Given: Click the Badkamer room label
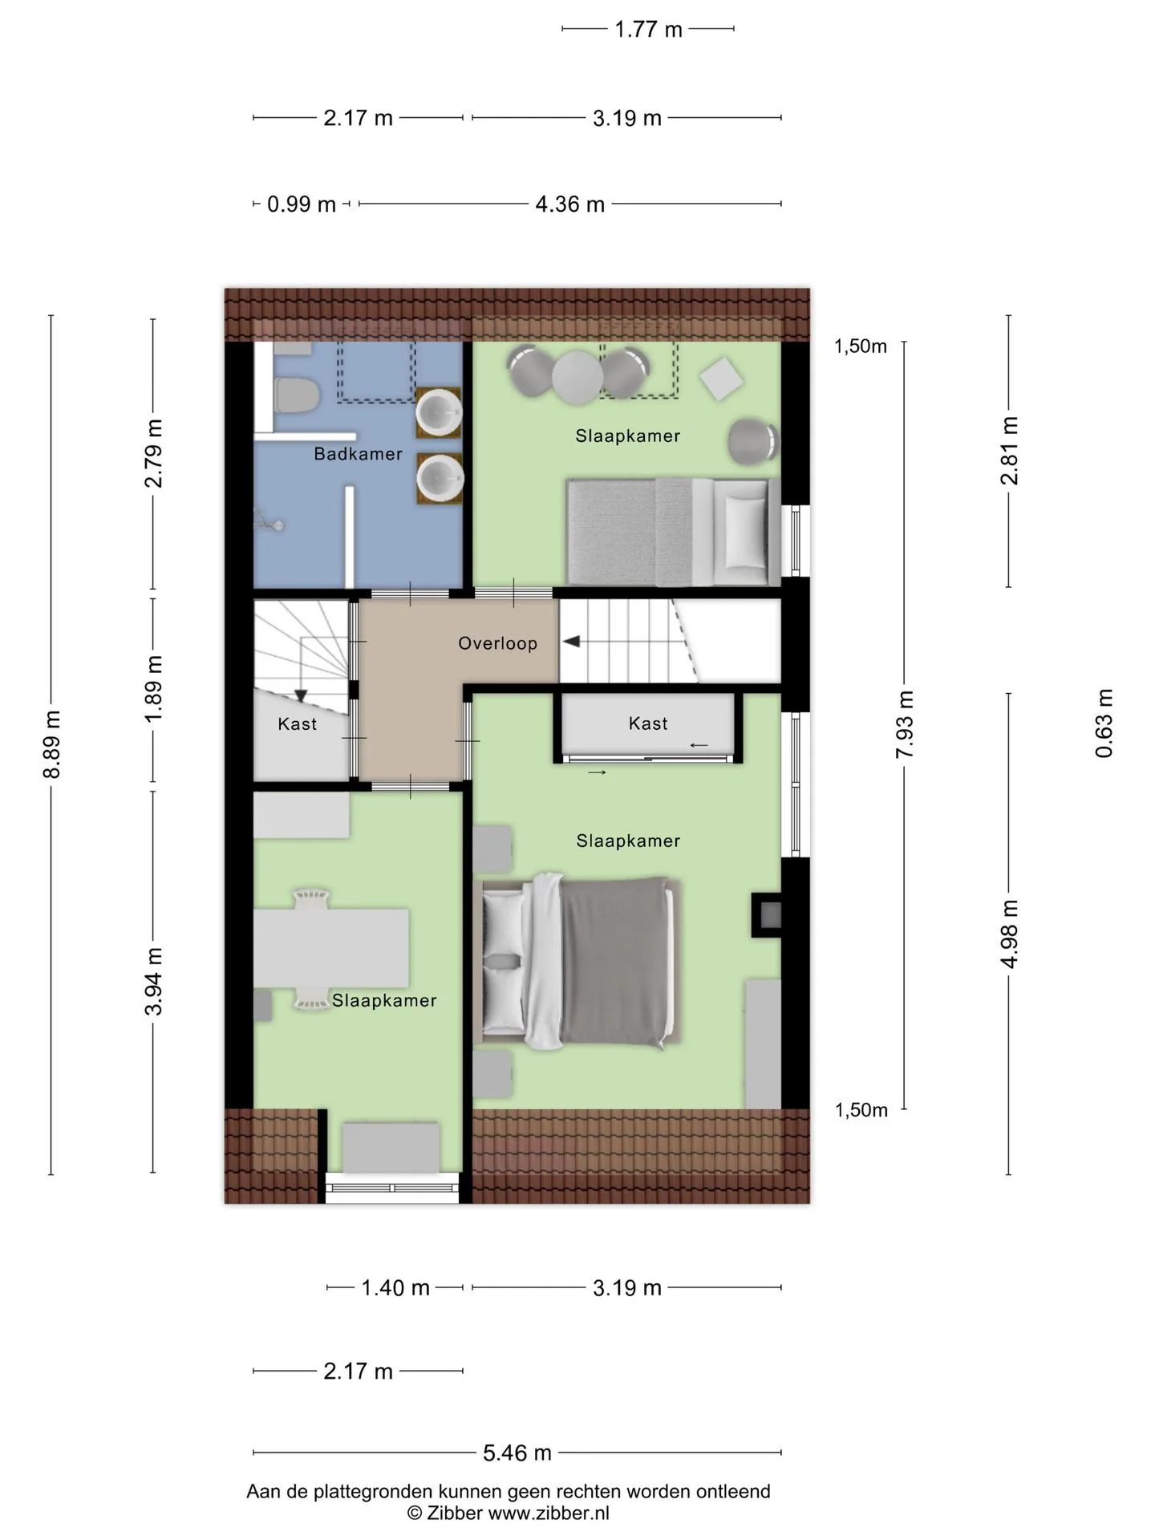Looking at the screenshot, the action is point(358,454).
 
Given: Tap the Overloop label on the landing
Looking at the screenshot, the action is point(497,643).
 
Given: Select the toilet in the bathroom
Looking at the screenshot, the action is point(297,395).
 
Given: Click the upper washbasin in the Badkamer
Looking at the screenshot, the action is point(439,412).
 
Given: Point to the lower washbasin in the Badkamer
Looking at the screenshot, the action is point(440,479).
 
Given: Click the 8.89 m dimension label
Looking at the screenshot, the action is point(52,744).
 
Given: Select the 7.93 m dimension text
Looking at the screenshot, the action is point(905,724).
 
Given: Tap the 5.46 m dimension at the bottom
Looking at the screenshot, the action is point(517,1453).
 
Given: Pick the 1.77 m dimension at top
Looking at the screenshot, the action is point(648,30).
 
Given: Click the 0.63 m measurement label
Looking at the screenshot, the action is point(1104,723).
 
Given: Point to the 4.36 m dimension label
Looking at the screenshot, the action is point(569,205).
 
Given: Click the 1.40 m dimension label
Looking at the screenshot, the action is point(395,1288).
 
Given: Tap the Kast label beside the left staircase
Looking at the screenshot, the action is point(297,724).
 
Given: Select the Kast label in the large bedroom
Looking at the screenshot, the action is point(648,723).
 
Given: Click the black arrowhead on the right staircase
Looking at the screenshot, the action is point(571,642).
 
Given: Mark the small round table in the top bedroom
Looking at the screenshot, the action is point(577,377).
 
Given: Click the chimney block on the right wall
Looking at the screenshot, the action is point(766,914).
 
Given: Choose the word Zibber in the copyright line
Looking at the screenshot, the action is point(454,1514).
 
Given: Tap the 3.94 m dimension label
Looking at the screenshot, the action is point(154,981).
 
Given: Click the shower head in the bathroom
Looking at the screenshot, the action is point(269,521).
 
